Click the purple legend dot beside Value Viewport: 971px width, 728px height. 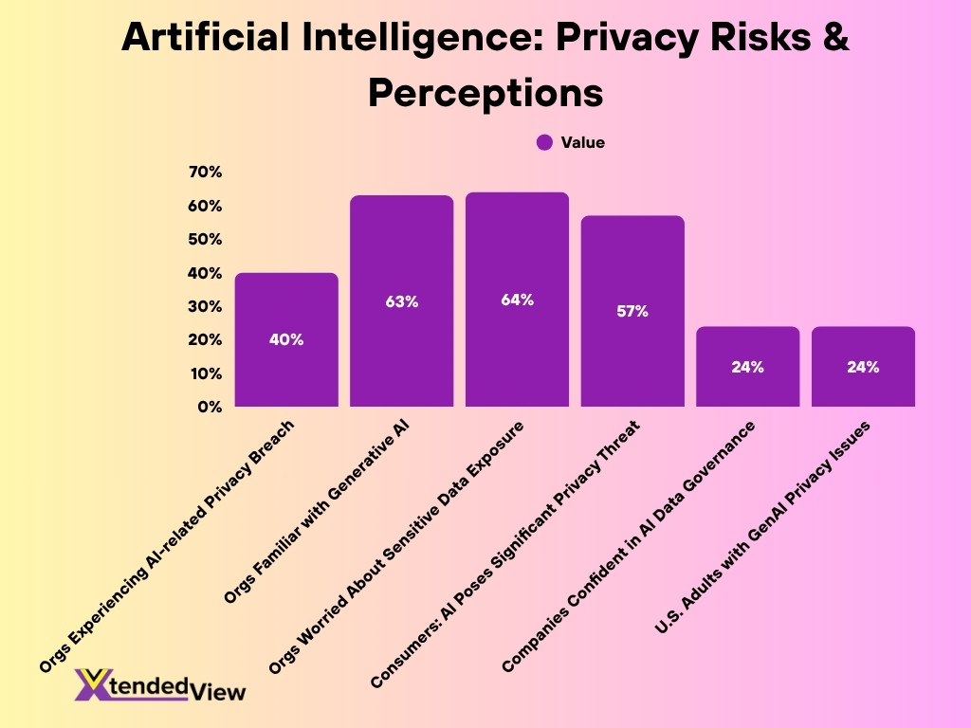(544, 142)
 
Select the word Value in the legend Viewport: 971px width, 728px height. (582, 142)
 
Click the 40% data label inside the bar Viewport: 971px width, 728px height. (286, 339)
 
